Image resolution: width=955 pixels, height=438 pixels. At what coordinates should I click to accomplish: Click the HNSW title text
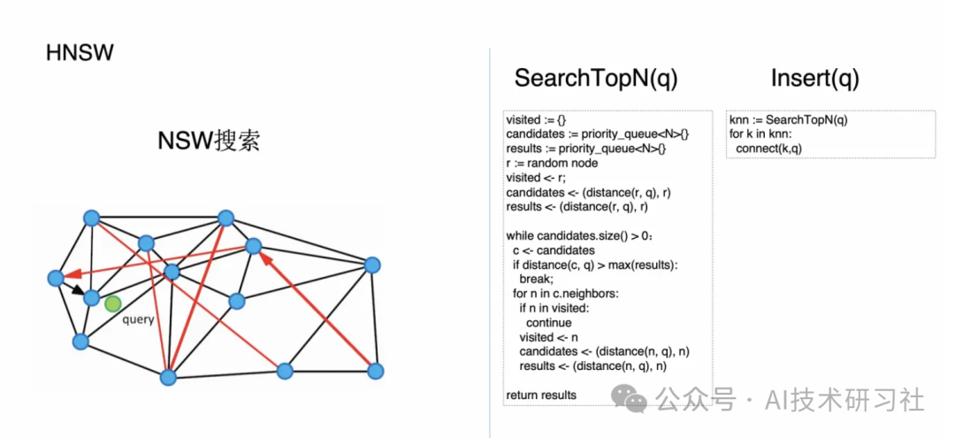click(x=80, y=53)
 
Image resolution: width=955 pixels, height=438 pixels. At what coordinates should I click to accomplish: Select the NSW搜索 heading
click(x=210, y=142)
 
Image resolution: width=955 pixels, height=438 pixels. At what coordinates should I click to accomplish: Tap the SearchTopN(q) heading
click(x=596, y=79)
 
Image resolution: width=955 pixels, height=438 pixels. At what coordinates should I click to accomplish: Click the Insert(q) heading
click(x=814, y=79)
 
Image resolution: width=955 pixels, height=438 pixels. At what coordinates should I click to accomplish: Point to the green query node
click(x=112, y=304)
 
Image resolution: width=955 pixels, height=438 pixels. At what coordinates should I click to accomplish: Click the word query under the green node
click(x=138, y=319)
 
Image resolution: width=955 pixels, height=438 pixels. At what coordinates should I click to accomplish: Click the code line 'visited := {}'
click(x=535, y=120)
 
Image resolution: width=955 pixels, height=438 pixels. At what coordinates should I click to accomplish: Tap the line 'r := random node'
click(x=552, y=164)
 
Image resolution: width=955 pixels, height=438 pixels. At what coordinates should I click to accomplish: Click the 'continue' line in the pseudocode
click(x=548, y=322)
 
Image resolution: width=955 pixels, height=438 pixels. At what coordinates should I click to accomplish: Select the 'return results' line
click(x=541, y=395)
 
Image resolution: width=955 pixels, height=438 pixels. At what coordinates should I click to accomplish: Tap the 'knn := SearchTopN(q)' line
click(x=794, y=120)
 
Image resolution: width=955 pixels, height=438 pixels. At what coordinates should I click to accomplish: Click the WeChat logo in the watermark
click(x=635, y=401)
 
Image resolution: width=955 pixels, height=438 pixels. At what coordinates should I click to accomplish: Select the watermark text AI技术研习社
click(x=846, y=400)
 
